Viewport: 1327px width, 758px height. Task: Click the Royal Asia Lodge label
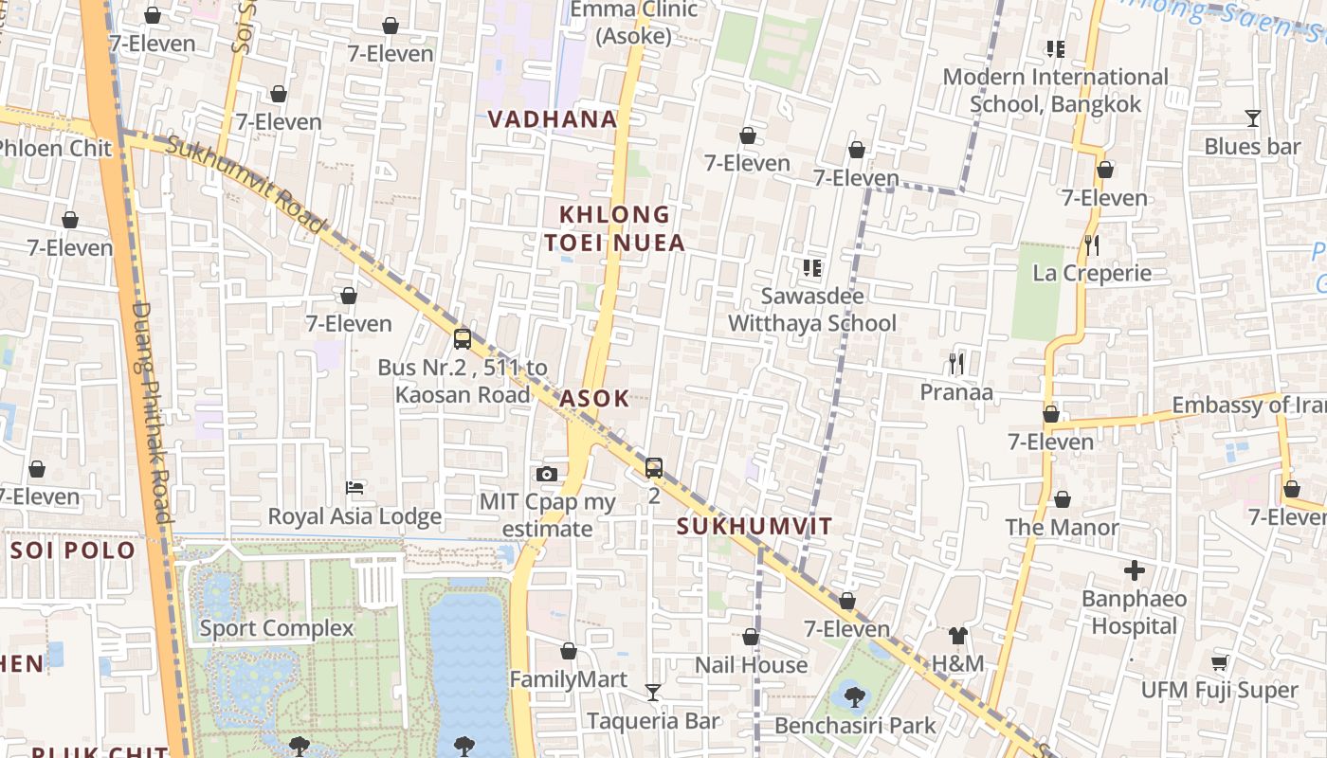354,516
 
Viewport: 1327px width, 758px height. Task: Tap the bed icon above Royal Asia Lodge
355,488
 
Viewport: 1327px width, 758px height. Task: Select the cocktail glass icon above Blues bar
1253,118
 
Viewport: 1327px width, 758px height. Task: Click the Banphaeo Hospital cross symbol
1134,570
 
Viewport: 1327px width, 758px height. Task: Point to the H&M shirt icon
958,636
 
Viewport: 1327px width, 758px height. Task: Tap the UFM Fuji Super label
1219,690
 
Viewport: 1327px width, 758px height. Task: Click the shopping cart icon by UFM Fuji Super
1220,662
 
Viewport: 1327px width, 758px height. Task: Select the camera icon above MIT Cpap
547,474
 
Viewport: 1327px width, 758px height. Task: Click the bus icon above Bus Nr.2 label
463,338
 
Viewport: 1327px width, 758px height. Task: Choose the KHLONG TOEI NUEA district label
614,228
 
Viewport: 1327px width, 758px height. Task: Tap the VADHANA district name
553,119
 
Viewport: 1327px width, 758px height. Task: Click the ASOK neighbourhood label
594,398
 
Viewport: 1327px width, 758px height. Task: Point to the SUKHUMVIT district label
754,527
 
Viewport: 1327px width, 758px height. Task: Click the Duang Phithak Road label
151,412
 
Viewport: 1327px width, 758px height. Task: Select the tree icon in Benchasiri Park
854,697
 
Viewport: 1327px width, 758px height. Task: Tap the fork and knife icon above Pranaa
956,363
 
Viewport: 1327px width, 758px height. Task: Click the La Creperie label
1092,273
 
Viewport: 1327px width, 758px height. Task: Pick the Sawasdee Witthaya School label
812,310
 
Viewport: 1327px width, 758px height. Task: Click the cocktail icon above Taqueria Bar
652,693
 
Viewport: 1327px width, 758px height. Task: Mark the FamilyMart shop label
569,679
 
